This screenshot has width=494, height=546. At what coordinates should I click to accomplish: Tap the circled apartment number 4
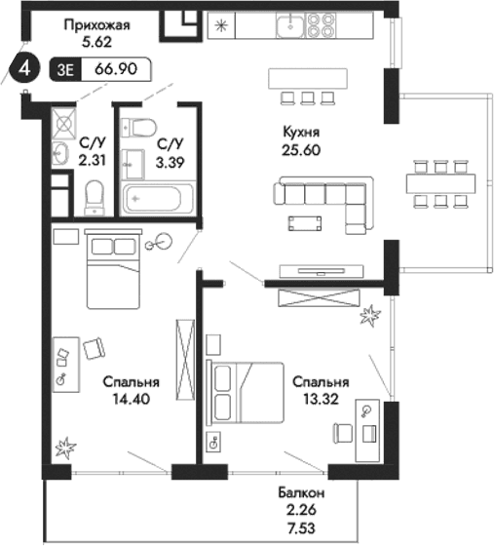tap(24, 68)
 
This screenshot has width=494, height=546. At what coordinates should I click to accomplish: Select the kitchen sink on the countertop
tap(289, 25)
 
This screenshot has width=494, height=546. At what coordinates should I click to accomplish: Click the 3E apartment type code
tap(68, 68)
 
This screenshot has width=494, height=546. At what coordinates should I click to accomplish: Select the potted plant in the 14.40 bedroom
tap(66, 448)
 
